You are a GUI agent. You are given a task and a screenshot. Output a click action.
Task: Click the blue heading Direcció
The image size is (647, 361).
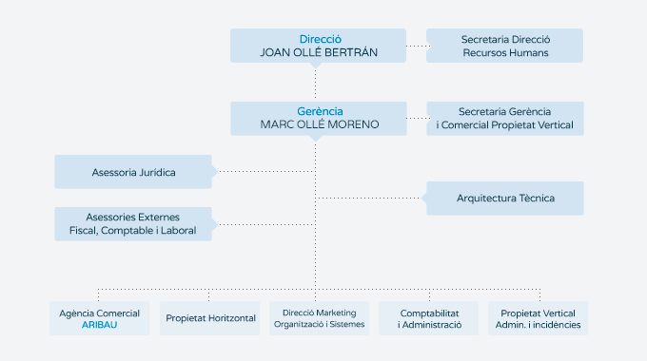click(x=319, y=39)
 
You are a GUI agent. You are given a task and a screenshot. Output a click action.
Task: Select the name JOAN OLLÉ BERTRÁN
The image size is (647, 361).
click(x=319, y=53)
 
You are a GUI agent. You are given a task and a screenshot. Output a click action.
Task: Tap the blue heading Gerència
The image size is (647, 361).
click(x=319, y=111)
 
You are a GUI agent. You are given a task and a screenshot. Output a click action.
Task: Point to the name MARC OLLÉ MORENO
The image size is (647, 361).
click(x=319, y=124)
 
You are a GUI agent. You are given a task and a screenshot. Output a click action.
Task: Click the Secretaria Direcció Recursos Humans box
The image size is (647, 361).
click(x=504, y=46)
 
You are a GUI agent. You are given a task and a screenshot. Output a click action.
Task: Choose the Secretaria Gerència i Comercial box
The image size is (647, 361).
click(x=504, y=118)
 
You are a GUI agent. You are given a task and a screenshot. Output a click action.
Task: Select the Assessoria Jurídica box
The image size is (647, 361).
click(x=133, y=172)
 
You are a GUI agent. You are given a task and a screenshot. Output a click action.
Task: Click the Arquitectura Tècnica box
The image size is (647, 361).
click(x=504, y=198)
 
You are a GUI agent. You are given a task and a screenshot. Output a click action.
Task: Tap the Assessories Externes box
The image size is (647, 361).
click(x=133, y=224)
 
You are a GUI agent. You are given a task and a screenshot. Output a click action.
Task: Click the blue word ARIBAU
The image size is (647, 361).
click(x=99, y=325)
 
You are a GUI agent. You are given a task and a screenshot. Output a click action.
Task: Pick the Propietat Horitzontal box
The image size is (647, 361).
click(x=209, y=318)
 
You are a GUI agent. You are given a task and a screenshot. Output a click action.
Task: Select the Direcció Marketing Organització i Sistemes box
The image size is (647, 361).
click(x=319, y=318)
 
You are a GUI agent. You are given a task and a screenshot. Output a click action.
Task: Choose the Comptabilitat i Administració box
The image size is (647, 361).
click(x=429, y=318)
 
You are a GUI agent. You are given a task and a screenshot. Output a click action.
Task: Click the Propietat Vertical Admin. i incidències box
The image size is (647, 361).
click(x=539, y=318)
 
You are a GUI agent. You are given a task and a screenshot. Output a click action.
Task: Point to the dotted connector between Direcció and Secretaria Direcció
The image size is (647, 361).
click(x=417, y=46)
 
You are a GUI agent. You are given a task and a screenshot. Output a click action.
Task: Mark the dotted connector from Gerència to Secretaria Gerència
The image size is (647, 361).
click(x=417, y=118)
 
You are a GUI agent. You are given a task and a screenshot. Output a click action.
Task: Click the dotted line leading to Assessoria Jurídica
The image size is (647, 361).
click(x=266, y=172)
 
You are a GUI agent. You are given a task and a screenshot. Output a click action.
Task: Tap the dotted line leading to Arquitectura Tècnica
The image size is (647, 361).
click(x=371, y=198)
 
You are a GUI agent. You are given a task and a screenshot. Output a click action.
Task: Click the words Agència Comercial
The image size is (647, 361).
click(x=99, y=313)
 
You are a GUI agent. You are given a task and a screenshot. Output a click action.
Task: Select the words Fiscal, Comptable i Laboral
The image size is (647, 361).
click(x=133, y=231)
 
